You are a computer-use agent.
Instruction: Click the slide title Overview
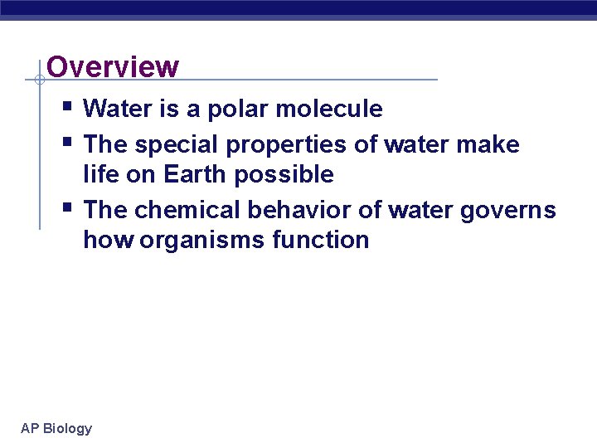[x=113, y=66]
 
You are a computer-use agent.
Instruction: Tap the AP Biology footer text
[x=56, y=428]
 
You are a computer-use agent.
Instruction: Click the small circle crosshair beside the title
[x=39, y=80]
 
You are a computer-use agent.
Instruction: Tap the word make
[x=491, y=144]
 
